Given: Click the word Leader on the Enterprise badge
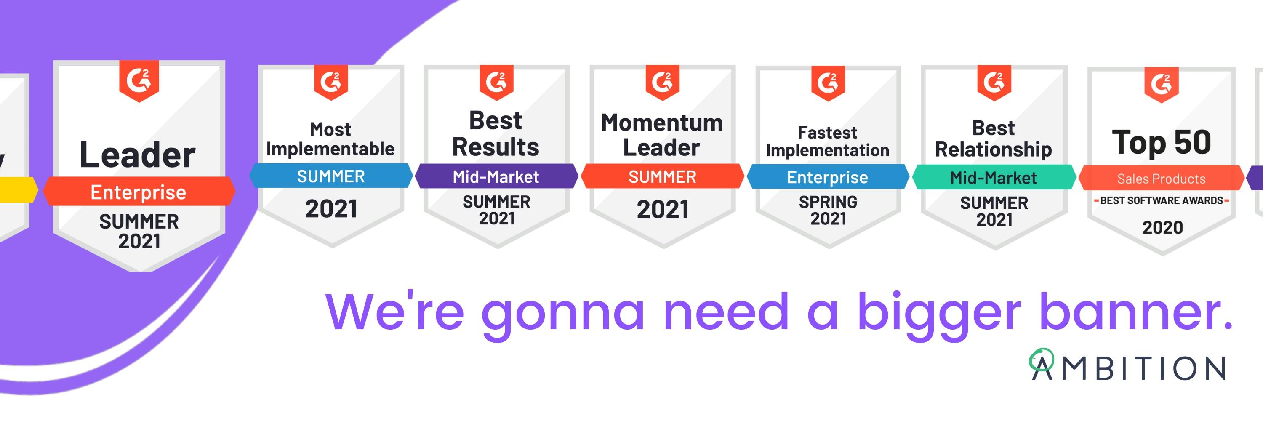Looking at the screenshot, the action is pos(137,155).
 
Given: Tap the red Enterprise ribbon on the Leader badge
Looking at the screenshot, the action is pos(139,191).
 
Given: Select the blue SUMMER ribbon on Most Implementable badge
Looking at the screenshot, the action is pos(331,176).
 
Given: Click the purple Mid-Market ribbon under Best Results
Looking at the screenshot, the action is pos(496,176).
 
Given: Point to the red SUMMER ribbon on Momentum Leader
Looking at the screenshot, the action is pos(662,176).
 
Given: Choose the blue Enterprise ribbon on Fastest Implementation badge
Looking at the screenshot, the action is pos(828,177).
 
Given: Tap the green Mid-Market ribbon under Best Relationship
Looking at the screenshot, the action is pos(994,177).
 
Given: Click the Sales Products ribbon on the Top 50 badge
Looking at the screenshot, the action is pos(1162,179).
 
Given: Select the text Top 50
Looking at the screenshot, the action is pos(1162,142).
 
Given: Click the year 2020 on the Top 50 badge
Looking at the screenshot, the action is pos(1162,227).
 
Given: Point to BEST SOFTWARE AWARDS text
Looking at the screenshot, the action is pos(1162,200).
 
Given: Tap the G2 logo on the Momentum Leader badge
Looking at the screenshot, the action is pos(662,82).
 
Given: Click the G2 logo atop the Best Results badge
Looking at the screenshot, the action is pos(496,82).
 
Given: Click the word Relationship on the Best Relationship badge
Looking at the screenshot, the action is pos(993,149).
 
